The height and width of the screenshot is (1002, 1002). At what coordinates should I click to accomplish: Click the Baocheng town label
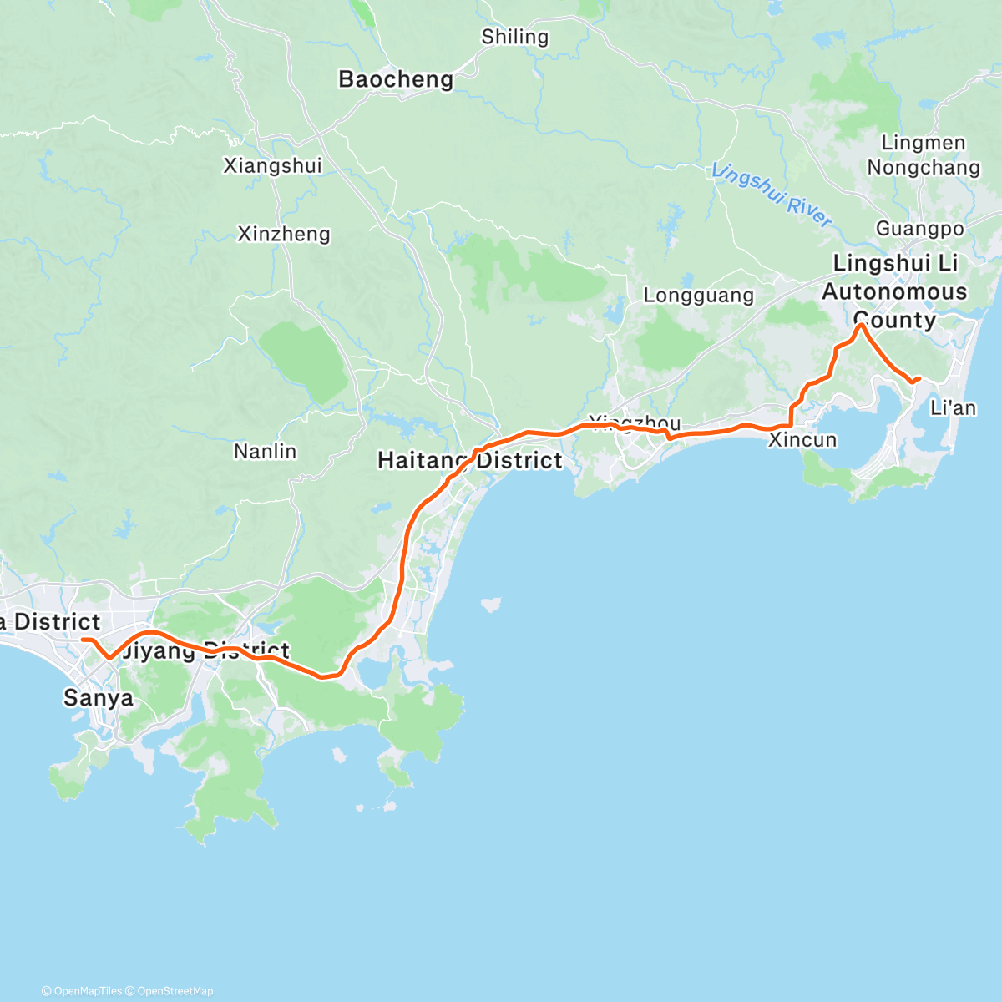point(396,79)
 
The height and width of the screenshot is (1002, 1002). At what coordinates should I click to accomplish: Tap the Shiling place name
point(515,37)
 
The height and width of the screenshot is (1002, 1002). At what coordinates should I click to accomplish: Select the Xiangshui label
point(272,165)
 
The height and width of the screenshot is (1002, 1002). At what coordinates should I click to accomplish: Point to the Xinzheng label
point(284,234)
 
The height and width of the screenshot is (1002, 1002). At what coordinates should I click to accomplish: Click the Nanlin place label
point(265,452)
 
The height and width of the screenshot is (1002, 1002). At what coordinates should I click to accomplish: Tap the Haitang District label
point(470,460)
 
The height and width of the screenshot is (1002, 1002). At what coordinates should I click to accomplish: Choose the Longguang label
point(698,296)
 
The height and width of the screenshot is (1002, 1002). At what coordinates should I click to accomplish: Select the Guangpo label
point(919,229)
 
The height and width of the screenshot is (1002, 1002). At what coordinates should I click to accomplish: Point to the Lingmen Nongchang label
point(923,155)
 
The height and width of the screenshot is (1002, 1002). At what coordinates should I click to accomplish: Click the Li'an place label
point(953,408)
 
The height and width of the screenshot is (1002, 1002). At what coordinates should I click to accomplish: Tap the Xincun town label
point(802,440)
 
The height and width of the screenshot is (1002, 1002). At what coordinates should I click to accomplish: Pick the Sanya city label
point(98,698)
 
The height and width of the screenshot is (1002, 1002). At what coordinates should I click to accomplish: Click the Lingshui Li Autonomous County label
point(894,291)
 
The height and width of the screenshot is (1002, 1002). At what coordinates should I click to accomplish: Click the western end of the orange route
point(83,640)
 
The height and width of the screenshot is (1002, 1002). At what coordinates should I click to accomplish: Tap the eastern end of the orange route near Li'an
point(919,379)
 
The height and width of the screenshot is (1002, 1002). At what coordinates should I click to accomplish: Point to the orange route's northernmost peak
point(860,326)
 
